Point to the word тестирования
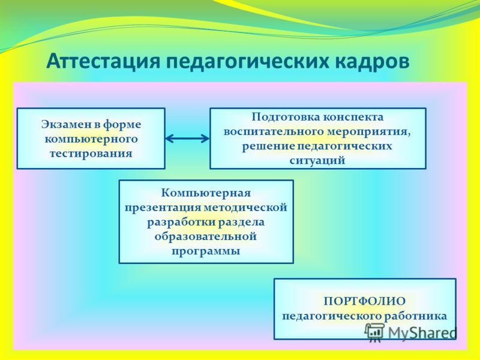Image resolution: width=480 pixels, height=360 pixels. tap(91, 154)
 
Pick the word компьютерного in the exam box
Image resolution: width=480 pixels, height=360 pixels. tap(91, 139)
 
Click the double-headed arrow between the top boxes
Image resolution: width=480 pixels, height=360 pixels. tap(187, 139)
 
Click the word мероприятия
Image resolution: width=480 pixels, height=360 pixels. tap(368, 132)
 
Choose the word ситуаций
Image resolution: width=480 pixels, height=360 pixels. tap(317, 161)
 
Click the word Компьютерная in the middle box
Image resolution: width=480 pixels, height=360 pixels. tap(206, 193)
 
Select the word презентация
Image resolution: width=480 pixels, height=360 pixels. tap(163, 208)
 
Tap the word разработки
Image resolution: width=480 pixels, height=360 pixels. tap(180, 222)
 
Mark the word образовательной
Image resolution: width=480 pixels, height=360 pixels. tap(205, 236)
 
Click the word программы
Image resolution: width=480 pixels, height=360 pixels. tap(205, 251)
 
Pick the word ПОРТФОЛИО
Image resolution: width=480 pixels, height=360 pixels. tap(364, 301)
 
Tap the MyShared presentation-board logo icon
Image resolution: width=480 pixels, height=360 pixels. tap(374, 332)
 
